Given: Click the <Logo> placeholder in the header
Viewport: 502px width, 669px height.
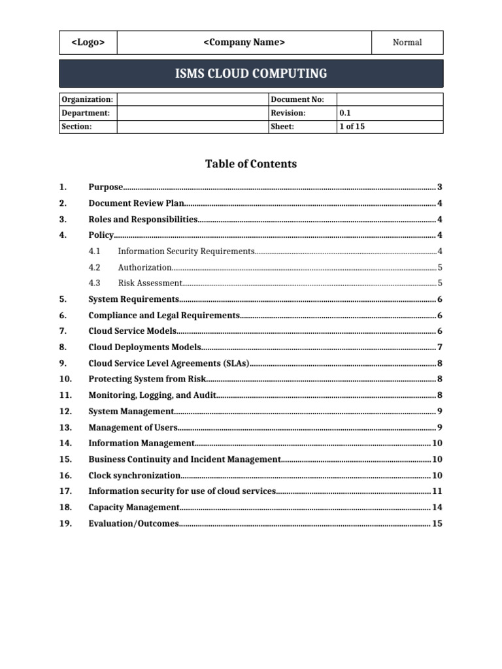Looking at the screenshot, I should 87,42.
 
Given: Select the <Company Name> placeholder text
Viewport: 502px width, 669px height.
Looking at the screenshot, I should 244,42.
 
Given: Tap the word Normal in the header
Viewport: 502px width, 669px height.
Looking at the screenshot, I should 407,42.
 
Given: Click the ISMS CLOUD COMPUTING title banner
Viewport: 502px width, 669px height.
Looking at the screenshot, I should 251,73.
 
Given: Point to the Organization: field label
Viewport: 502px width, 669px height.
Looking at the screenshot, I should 87,99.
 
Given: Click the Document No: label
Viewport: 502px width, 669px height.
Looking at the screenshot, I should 292,99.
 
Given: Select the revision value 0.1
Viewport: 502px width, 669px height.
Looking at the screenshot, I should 346,113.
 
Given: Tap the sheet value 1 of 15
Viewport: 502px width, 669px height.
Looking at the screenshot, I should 352,127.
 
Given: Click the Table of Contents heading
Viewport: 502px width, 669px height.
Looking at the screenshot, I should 251,164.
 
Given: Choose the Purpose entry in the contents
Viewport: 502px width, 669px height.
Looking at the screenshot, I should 106,188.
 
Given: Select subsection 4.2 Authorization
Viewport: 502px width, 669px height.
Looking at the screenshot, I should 144,267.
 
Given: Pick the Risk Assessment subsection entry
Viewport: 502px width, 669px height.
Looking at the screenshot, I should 150,284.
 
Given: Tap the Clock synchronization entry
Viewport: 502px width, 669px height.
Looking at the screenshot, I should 134,476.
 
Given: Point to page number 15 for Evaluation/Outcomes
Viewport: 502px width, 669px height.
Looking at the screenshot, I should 437,523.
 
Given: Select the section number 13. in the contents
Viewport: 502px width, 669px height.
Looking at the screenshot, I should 65,428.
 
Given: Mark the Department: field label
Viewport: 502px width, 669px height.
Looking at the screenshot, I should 86,113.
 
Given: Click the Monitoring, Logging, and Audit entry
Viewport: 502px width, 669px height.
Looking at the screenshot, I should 152,395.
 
